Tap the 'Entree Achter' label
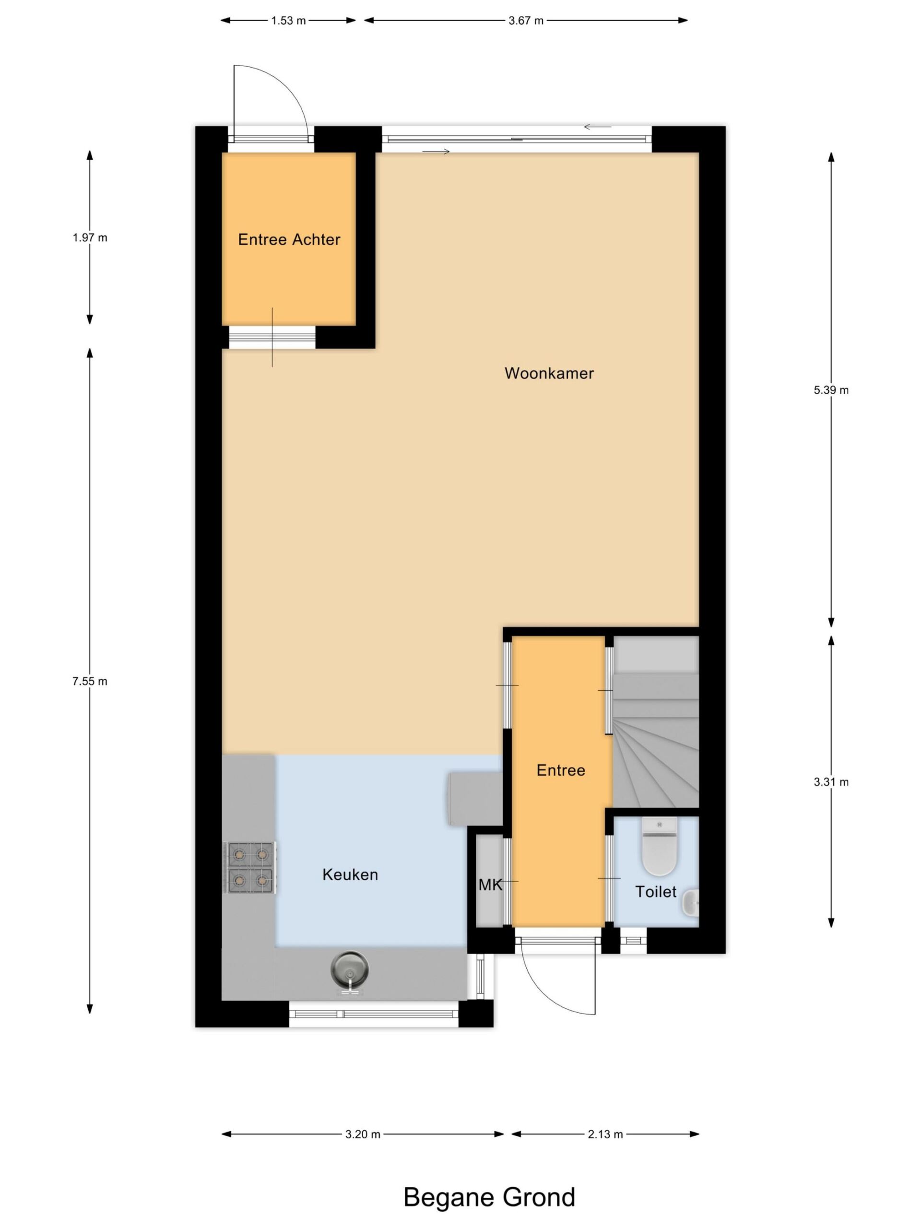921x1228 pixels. [289, 239]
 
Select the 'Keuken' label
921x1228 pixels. [350, 874]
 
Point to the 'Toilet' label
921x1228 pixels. [656, 892]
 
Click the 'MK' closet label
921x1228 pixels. [490, 885]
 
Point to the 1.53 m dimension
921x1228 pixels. [288, 21]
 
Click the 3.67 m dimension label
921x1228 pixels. [526, 21]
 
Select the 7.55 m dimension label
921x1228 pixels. [90, 681]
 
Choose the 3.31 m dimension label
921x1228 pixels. [831, 782]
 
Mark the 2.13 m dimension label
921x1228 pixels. [605, 1134]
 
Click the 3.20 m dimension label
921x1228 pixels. [363, 1134]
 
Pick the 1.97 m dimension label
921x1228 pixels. [90, 237]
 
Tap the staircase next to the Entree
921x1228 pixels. [655, 722]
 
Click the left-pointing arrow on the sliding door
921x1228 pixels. [597, 127]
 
